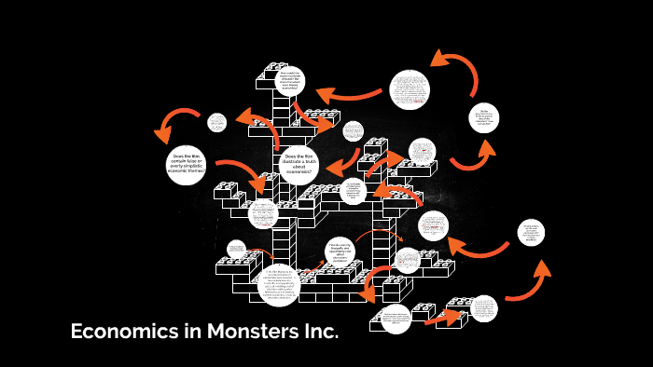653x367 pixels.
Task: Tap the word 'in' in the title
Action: point(182,332)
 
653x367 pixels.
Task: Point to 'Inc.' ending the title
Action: point(314,332)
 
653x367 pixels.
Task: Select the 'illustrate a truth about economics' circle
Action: point(299,165)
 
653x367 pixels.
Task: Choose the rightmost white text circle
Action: point(531,233)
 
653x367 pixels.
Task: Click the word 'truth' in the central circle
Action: point(309,160)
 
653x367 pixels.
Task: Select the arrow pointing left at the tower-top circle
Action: point(347,93)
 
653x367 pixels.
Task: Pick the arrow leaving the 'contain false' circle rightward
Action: point(240,175)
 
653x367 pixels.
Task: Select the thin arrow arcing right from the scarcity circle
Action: point(378,235)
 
